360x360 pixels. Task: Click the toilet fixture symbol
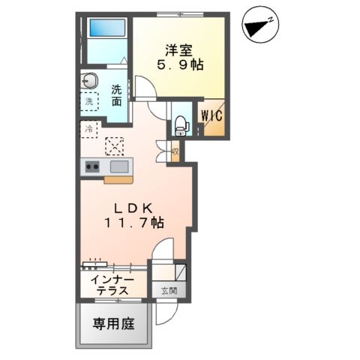pyautogui.click(x=180, y=124)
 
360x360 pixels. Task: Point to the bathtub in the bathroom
pyautogui.click(x=106, y=29)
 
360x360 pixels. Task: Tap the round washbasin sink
pyautogui.click(x=90, y=80)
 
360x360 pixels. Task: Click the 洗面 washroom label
pyautogui.click(x=118, y=94)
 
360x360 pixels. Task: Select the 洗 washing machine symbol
pyautogui.click(x=89, y=101)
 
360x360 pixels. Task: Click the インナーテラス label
pyautogui.click(x=109, y=285)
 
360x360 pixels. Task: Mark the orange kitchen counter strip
pyautogui.click(x=118, y=179)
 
